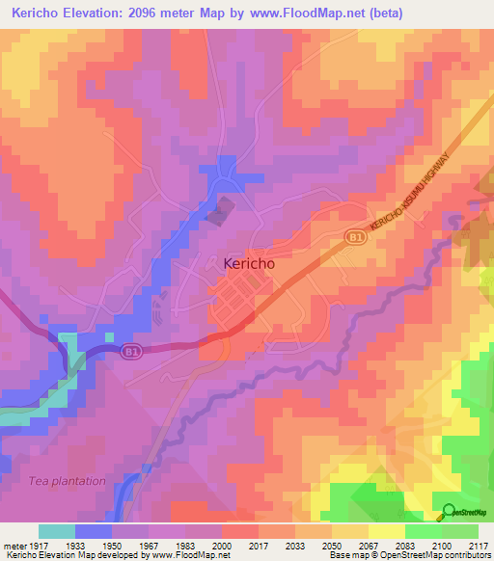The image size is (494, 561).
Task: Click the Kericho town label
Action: (x=243, y=262)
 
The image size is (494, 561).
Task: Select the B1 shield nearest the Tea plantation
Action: (x=132, y=353)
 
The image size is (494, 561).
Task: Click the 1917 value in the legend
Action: (x=39, y=545)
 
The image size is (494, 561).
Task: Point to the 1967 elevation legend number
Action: (x=150, y=545)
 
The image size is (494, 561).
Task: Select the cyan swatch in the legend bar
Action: (x=57, y=531)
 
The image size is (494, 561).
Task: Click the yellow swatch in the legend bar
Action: (x=387, y=531)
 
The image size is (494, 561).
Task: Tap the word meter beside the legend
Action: (x=14, y=545)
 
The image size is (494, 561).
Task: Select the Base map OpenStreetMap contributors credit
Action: (x=408, y=555)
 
